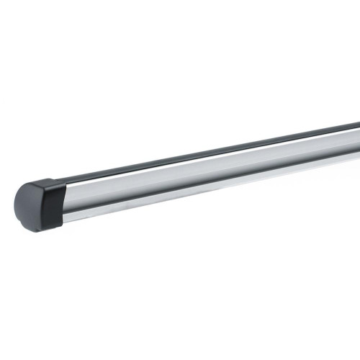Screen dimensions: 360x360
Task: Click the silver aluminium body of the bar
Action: [x=216, y=173]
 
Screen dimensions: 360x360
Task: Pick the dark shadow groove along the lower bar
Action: [x=216, y=186]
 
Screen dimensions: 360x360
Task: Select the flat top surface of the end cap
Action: [x=40, y=183]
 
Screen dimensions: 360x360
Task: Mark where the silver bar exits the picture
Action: [x=357, y=148]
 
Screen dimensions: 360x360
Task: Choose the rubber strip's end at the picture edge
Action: [x=357, y=127]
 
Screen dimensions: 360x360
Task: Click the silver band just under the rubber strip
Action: [x=216, y=158]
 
